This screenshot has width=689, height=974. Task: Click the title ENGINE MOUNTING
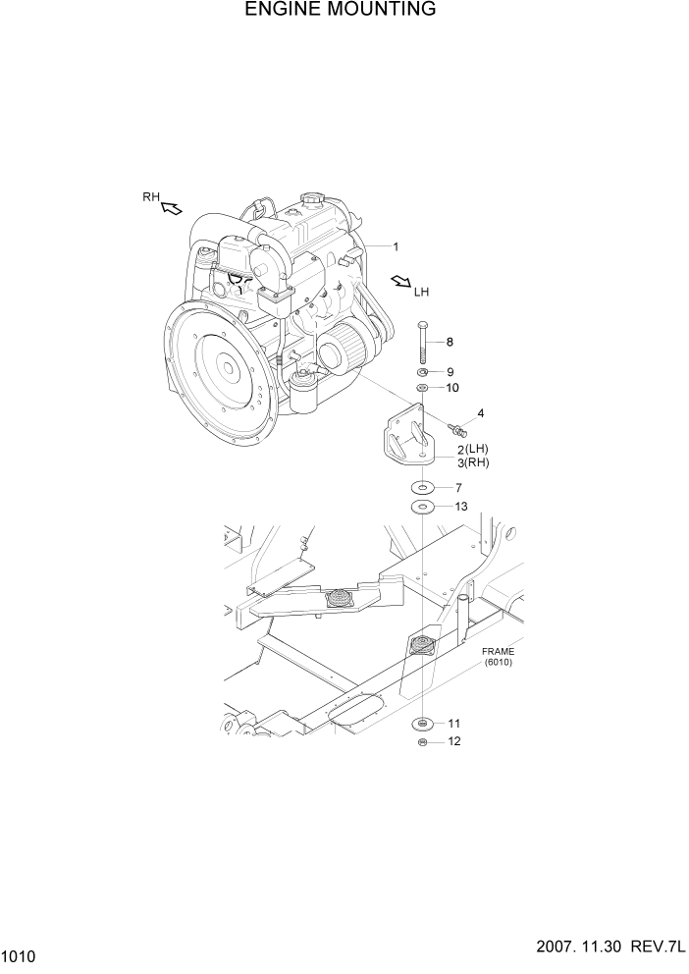tap(340, 11)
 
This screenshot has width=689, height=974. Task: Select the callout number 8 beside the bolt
tap(450, 342)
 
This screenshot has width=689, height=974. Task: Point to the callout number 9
tap(450, 372)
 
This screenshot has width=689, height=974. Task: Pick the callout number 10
tap(452, 388)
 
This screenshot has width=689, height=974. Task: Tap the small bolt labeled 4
tap(456, 429)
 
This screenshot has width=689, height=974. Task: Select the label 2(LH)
tap(472, 449)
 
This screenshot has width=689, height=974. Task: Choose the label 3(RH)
tap(472, 462)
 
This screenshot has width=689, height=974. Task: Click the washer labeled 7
tap(422, 488)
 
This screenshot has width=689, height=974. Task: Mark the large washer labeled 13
tap(422, 507)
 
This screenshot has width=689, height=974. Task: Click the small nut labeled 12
tap(422, 742)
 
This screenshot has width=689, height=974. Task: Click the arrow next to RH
tap(173, 207)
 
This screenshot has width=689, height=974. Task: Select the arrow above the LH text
tap(400, 282)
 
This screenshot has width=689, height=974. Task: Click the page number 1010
tap(20, 955)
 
